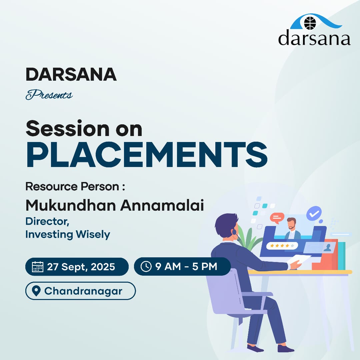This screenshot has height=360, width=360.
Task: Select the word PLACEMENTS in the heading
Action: click(x=147, y=155)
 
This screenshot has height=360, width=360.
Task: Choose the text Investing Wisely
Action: click(x=68, y=234)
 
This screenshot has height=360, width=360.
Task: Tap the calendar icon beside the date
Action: click(x=37, y=267)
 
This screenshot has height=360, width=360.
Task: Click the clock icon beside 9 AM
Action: click(x=146, y=267)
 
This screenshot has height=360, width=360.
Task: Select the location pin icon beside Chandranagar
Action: click(x=36, y=291)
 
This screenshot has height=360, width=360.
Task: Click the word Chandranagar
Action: click(x=83, y=291)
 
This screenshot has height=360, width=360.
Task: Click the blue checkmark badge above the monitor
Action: click(x=314, y=214)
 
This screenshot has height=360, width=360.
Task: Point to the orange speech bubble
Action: click(x=277, y=218)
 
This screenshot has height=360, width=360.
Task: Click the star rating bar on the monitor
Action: click(x=282, y=246)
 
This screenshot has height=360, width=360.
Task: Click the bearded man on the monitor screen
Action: click(x=292, y=228)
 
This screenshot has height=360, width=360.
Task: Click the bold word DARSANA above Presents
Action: click(x=71, y=74)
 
